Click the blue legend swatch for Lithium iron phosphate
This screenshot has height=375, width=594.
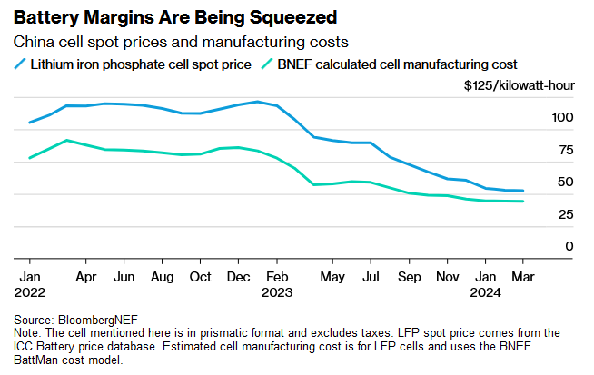coord(20,64)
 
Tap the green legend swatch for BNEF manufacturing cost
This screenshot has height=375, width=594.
coord(267,64)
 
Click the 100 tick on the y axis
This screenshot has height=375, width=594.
coord(562,117)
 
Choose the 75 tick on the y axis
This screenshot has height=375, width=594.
coord(566,150)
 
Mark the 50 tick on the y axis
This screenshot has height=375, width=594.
coord(566,182)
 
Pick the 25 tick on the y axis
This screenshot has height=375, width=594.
coord(566,214)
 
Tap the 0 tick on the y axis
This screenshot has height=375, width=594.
coord(569,246)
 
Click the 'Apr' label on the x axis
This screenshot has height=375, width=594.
coord(86,276)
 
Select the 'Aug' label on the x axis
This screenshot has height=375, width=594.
coord(163,276)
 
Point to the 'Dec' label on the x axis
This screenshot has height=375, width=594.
coord(239,276)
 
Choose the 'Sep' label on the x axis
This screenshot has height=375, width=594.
coord(411,276)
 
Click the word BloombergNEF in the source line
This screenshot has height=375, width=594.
coord(94,321)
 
